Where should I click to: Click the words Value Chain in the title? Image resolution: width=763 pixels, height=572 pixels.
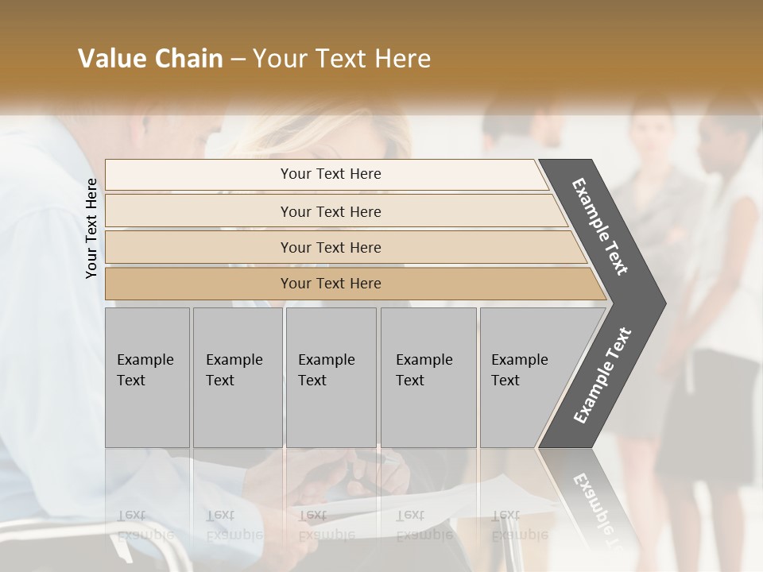(150, 59)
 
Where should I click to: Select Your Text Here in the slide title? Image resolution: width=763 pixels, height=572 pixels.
(342, 59)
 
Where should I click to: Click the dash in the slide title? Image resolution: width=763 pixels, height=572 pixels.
(238, 60)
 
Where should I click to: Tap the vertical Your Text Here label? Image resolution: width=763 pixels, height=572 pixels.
(91, 228)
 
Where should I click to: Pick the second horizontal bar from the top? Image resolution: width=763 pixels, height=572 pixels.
(331, 211)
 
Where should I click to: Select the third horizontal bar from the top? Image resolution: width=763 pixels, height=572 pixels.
(331, 247)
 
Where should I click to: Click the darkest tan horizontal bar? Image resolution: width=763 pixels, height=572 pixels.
(331, 284)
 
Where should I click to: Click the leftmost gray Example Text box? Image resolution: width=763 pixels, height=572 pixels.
(147, 377)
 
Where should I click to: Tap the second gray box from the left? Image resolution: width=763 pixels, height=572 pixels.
(237, 377)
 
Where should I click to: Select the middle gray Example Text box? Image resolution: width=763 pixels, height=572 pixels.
(330, 377)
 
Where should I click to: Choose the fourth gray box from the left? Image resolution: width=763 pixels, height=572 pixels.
(428, 377)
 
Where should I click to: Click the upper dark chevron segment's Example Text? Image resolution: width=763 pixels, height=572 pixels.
(601, 226)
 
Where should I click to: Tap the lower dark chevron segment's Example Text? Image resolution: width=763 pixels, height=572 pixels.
(602, 376)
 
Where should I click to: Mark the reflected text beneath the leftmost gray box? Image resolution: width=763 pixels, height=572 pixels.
(144, 525)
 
